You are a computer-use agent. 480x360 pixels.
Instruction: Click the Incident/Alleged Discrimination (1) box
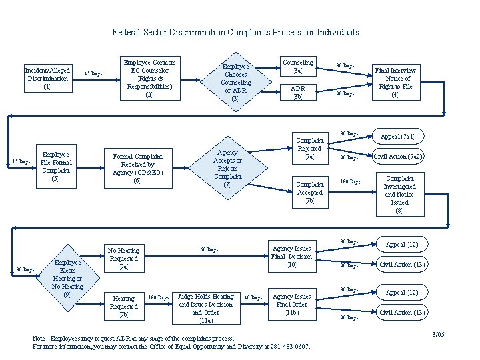(47, 78)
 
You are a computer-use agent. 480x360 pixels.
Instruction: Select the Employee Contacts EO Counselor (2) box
(150, 79)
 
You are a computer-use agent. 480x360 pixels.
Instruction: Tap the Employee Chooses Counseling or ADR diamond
(235, 83)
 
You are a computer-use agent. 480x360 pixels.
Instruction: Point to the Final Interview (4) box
(395, 82)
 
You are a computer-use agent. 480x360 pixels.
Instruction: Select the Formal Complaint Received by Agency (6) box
(138, 168)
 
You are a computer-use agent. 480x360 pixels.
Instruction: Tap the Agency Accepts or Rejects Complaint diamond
(227, 169)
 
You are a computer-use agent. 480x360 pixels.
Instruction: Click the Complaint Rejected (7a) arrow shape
(310, 149)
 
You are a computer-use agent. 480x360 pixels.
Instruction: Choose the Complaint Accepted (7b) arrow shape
(310, 192)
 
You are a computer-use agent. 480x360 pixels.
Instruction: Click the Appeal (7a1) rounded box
(398, 137)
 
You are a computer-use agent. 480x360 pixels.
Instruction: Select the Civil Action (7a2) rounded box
(398, 157)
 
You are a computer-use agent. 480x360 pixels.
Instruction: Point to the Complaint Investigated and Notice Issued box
(399, 195)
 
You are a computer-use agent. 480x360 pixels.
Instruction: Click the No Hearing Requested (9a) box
(124, 258)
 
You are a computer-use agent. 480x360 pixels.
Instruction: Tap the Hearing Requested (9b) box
(124, 306)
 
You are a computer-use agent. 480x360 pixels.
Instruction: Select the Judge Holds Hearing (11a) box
(206, 308)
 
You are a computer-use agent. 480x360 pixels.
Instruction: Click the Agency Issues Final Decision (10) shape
(291, 256)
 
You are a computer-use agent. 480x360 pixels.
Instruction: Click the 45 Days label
(93, 73)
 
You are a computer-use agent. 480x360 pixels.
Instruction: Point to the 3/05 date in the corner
(438, 334)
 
